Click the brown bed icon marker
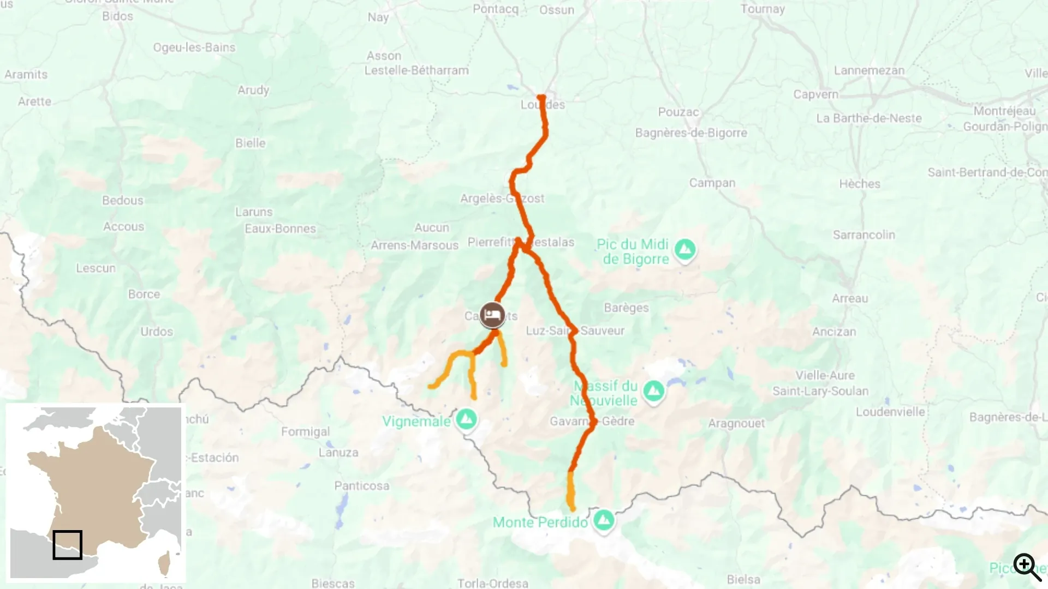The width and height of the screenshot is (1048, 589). (492, 315)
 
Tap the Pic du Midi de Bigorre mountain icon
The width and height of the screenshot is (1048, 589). (685, 250)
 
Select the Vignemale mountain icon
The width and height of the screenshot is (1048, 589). (466, 419)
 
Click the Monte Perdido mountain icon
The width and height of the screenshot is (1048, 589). (603, 520)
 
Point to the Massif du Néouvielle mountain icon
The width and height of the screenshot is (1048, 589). (653, 390)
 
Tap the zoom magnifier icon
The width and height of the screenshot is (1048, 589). (1027, 567)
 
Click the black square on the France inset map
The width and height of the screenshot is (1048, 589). (68, 545)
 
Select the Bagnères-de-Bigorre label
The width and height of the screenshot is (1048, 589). (691, 133)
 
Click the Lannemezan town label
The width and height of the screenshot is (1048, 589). (869, 70)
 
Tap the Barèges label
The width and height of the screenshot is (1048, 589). (626, 308)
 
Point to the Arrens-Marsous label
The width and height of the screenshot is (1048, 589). (414, 245)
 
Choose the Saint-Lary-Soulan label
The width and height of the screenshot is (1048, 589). (820, 391)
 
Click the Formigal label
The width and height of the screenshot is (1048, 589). (305, 432)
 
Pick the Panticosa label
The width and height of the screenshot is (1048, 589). (362, 486)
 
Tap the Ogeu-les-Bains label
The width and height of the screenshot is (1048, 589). (194, 47)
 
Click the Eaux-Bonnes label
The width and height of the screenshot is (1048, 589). (280, 229)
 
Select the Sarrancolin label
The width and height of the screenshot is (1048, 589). (864, 235)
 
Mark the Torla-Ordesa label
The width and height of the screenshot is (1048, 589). (492, 583)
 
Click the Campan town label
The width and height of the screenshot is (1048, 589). (712, 183)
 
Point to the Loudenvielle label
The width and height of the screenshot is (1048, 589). (890, 412)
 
